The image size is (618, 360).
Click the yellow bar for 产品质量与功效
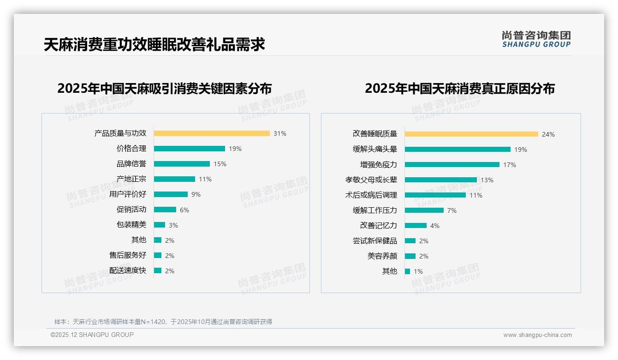212,133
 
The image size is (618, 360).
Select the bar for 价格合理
190,149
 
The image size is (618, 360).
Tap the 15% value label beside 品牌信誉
220,164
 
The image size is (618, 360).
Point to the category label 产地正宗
131,179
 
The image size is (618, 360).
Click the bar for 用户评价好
171,194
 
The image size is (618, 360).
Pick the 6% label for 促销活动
184,210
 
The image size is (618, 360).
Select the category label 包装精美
131,225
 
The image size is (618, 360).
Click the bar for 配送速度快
158,271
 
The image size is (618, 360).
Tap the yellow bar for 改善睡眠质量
471,134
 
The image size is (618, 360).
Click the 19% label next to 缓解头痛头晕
521,150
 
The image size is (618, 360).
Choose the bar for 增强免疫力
452,165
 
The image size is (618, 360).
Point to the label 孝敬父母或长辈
371,180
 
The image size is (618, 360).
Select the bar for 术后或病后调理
435,195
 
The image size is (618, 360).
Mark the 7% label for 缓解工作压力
452,210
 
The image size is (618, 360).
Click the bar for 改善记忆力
416,226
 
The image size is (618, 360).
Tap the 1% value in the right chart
418,271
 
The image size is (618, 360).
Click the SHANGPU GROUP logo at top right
536,39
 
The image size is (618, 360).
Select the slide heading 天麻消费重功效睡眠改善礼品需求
154,45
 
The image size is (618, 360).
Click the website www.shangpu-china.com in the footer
537,335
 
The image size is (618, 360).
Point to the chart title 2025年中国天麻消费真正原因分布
460,89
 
